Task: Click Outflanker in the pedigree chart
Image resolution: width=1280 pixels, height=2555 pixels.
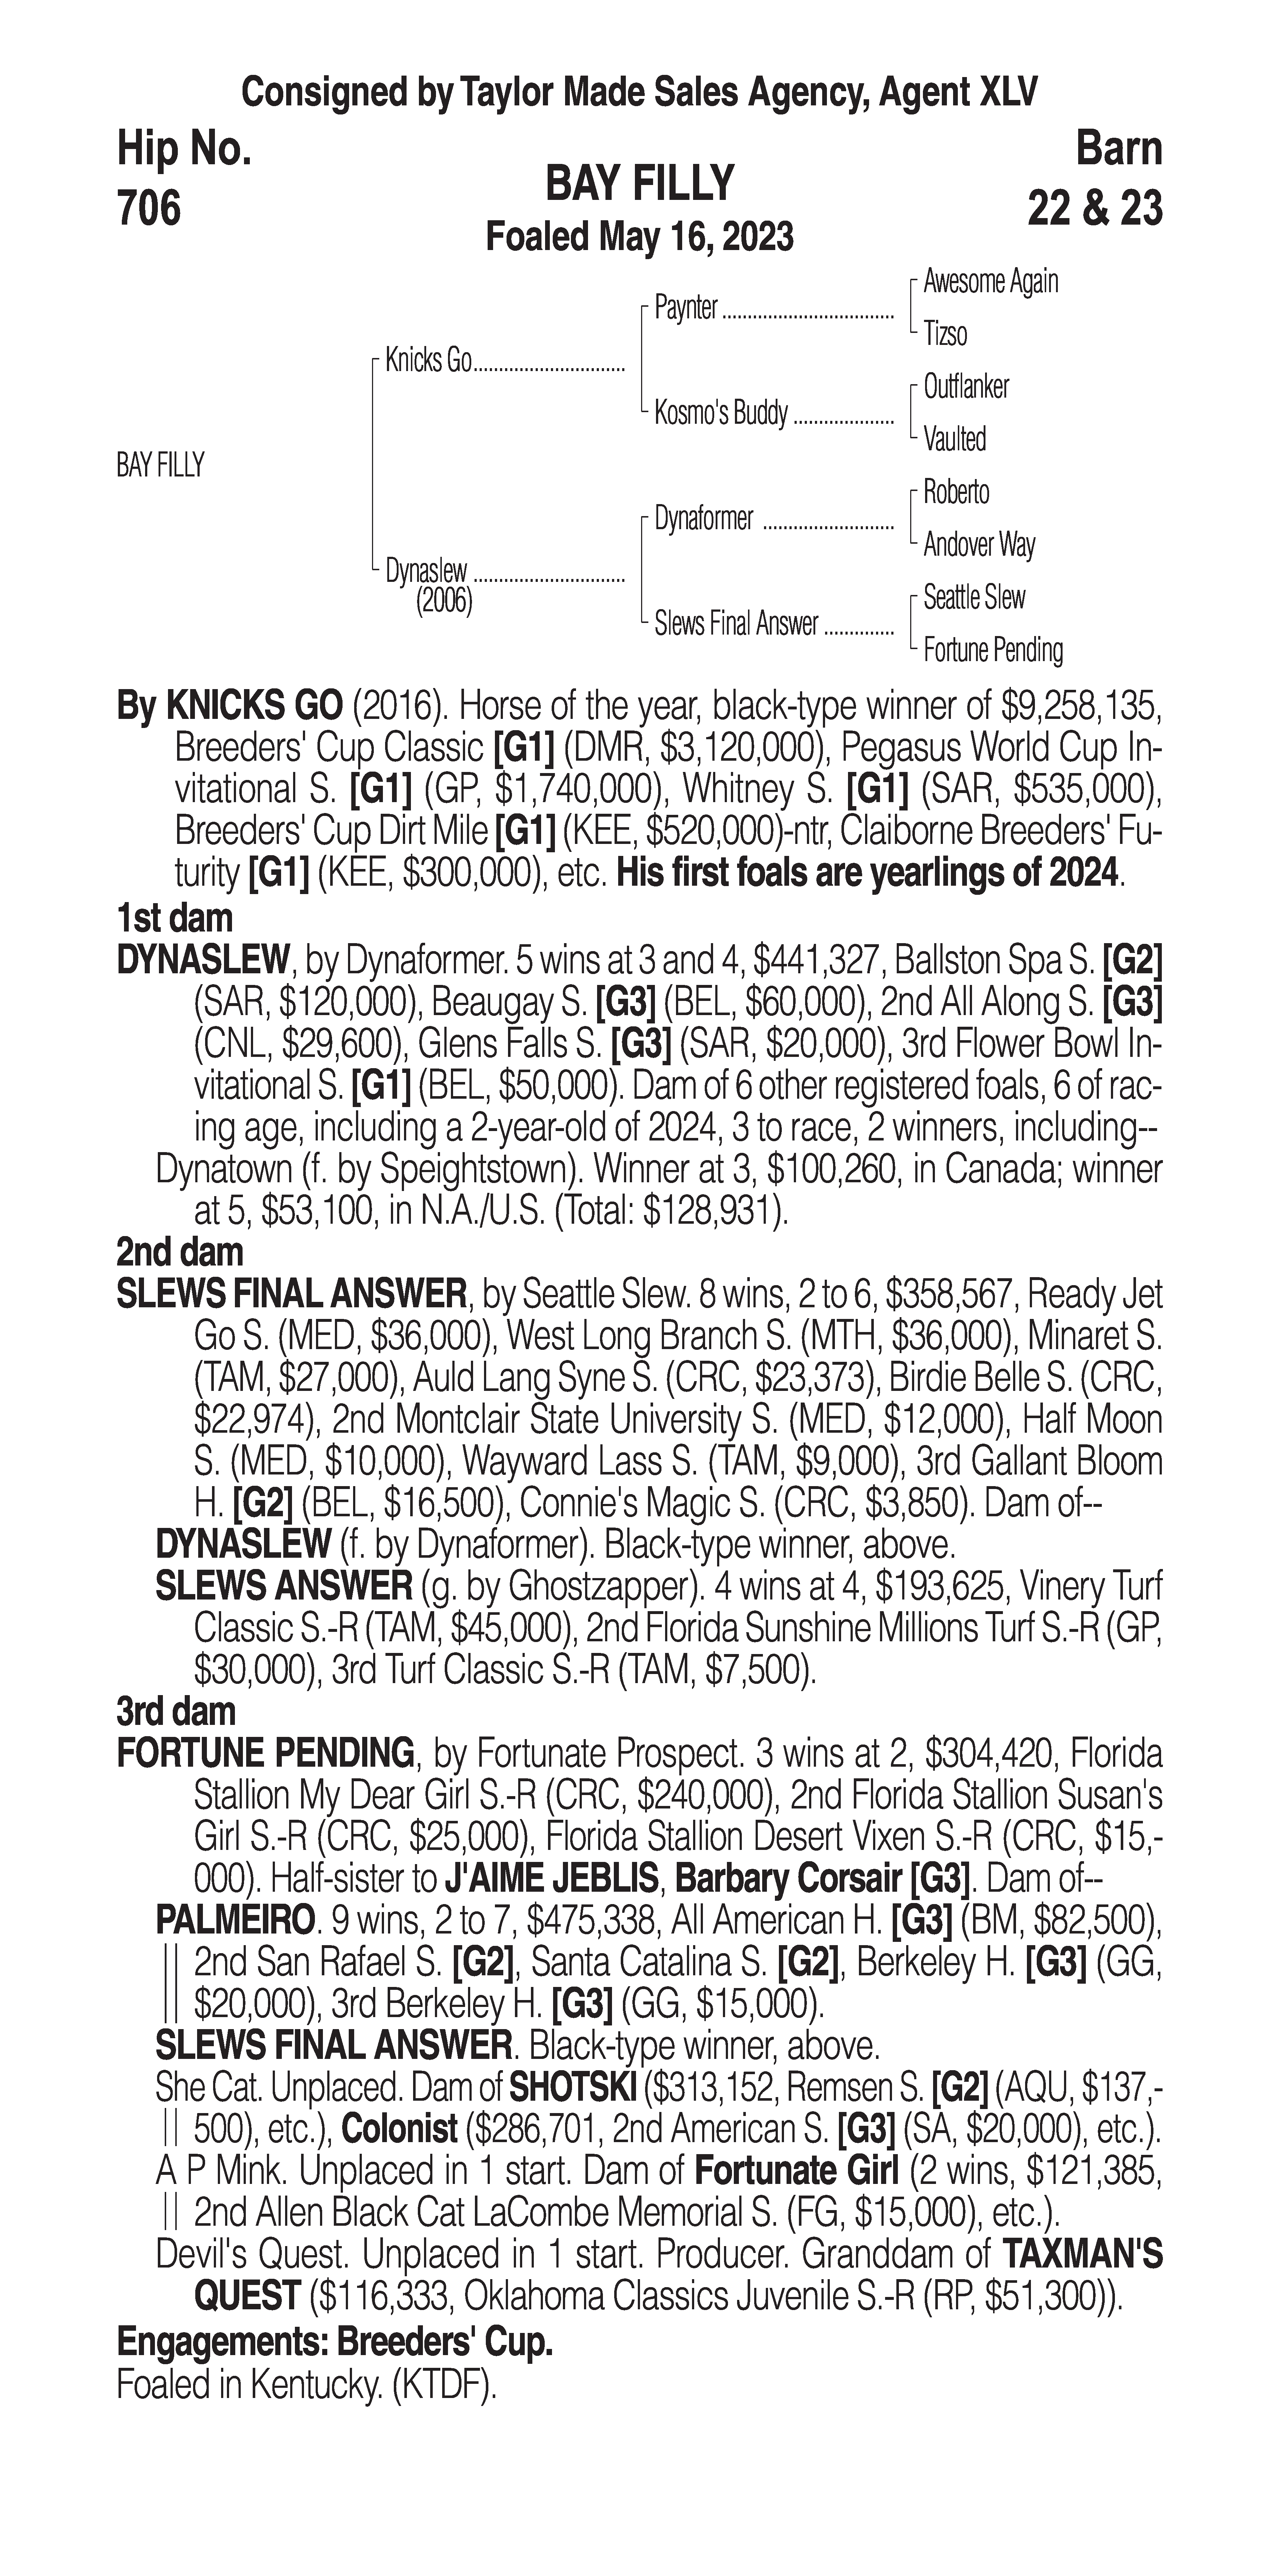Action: [x=965, y=387]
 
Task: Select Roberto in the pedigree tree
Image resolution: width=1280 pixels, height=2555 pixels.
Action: [x=956, y=492]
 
